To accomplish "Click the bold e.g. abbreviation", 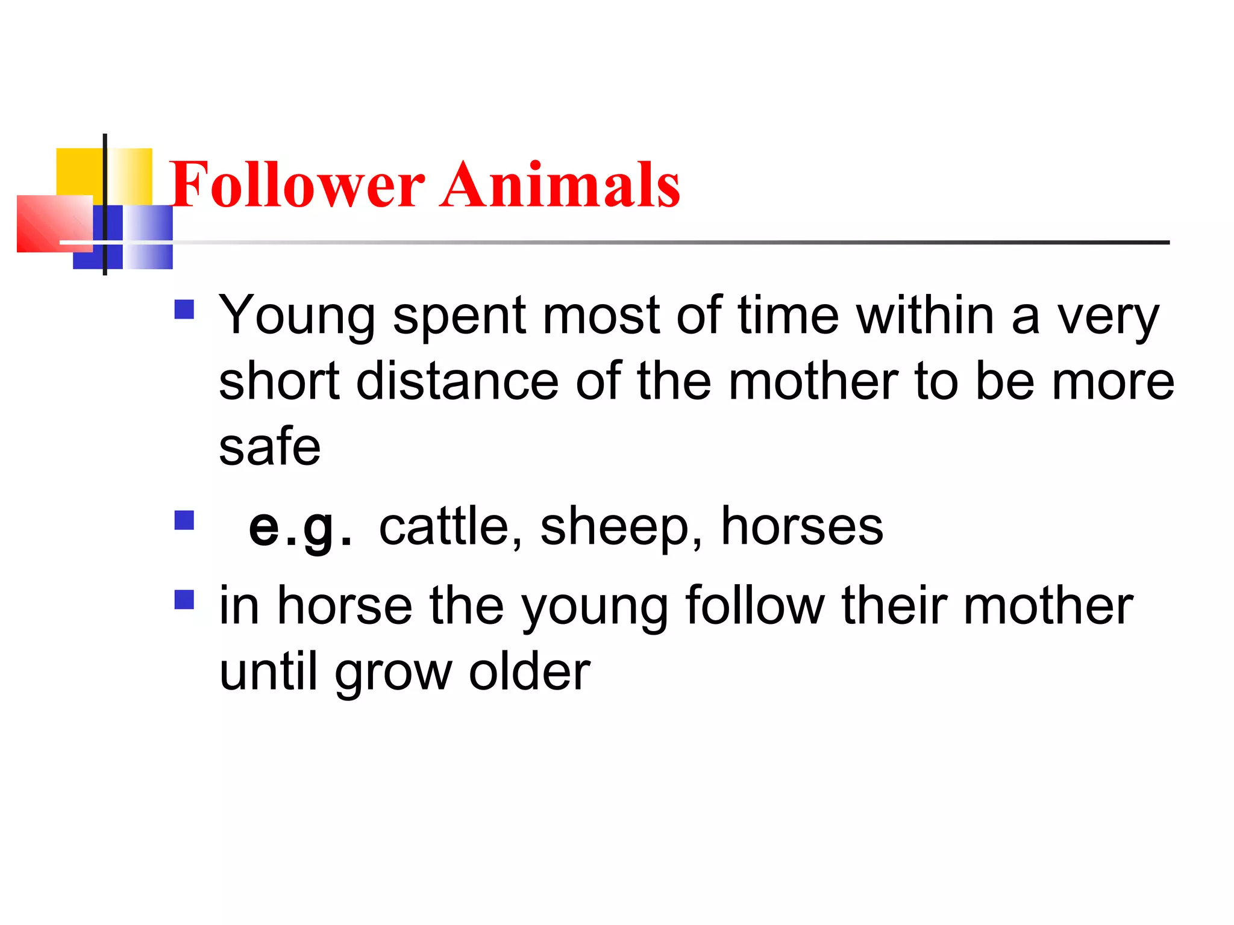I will point(299,528).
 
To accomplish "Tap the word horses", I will point(802,526).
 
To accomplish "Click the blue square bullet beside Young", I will point(184,310).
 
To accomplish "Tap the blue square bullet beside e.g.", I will point(184,520).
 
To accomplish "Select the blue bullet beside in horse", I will point(184,599).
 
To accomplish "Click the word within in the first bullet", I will point(925,316).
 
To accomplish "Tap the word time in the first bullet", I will point(788,316).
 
